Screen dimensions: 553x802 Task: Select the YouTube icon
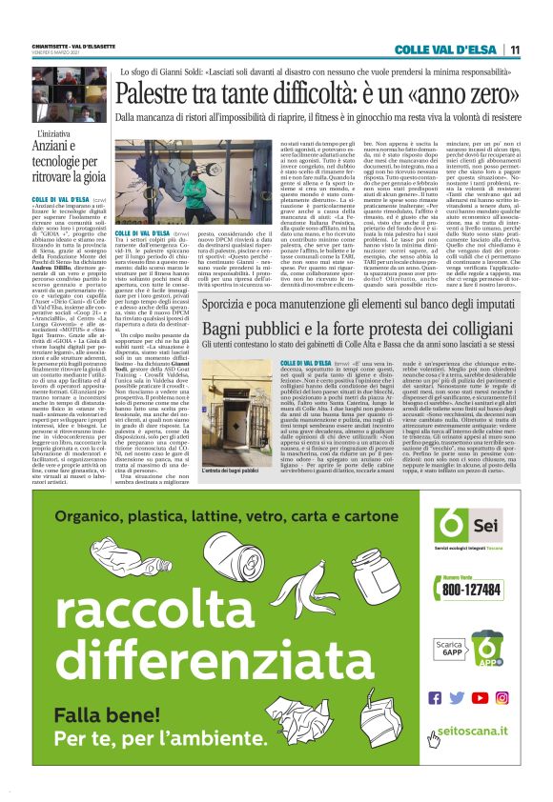click(x=480, y=697)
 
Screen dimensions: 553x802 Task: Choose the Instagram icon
click(x=502, y=697)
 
